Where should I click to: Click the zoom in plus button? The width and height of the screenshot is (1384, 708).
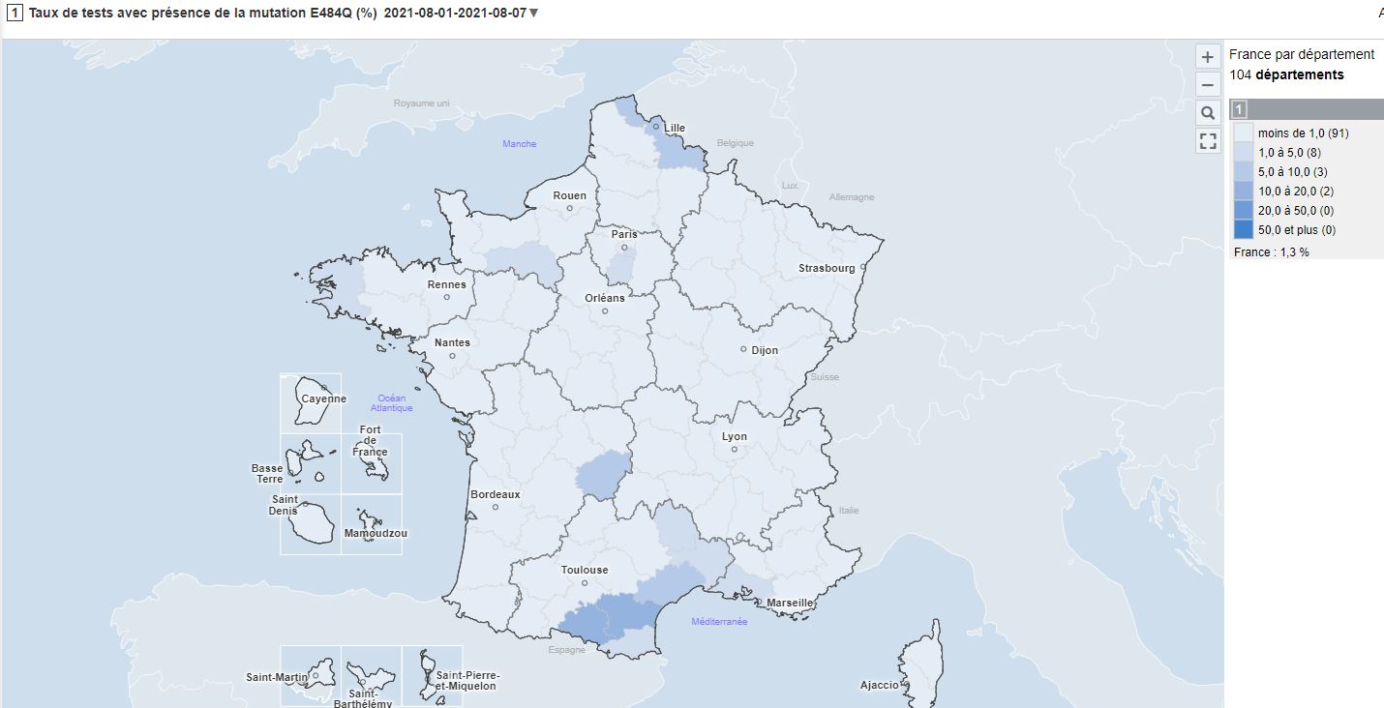click(x=1207, y=56)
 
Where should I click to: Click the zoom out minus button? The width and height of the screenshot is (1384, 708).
click(x=1207, y=84)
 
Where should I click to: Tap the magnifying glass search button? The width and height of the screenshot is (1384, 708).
click(x=1207, y=113)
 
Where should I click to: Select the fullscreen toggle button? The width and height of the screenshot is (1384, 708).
click(x=1207, y=141)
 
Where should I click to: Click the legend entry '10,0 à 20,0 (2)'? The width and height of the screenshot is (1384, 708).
click(x=1295, y=191)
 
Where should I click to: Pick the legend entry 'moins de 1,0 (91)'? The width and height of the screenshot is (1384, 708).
click(x=1302, y=133)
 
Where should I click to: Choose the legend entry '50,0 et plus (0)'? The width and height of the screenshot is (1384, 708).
click(x=1296, y=229)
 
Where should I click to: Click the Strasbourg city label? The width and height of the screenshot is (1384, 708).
click(x=827, y=268)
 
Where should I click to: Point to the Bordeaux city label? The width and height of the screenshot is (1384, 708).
click(x=495, y=494)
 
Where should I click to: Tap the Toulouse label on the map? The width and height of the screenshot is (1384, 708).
click(x=585, y=570)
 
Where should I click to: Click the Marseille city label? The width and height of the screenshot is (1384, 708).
click(x=789, y=603)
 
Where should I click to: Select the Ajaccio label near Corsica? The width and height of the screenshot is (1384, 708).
click(x=879, y=685)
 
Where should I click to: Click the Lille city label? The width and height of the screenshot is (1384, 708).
click(x=675, y=128)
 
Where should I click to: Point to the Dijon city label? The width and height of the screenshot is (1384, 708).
click(x=765, y=350)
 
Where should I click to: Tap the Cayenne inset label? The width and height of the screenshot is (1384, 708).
click(x=323, y=398)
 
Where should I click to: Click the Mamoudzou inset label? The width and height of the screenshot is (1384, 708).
click(x=376, y=533)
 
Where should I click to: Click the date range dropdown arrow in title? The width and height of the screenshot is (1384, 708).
click(x=534, y=14)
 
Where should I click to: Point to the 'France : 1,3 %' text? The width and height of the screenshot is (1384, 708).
click(x=1271, y=251)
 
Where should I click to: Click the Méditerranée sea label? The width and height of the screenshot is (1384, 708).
click(x=719, y=622)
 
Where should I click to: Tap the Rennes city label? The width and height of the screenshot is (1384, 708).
click(x=446, y=284)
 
